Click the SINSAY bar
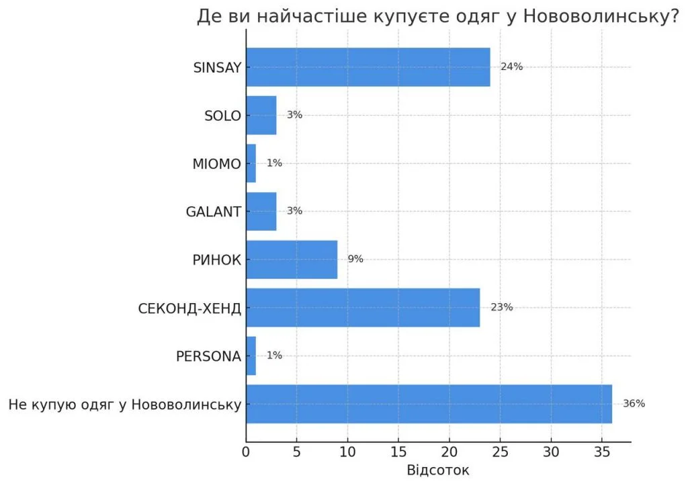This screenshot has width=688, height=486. pyautogui.click(x=368, y=67)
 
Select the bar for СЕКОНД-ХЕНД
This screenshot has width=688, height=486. pyautogui.click(x=363, y=308)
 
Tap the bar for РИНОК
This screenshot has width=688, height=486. pyautogui.click(x=292, y=259)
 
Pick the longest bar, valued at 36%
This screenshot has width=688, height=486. pyautogui.click(x=429, y=404)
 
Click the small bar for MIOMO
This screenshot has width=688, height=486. pyautogui.click(x=251, y=163)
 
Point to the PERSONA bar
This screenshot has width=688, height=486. pyautogui.click(x=251, y=356)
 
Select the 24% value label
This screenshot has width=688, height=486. pyautogui.click(x=512, y=67)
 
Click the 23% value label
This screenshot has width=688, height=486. pyautogui.click(x=502, y=307)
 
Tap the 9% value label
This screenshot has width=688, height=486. pyautogui.click(x=355, y=259)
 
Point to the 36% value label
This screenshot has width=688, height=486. pyautogui.click(x=634, y=403)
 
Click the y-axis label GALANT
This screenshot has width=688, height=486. pyautogui.click(x=213, y=211)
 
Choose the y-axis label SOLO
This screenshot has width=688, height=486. pyautogui.click(x=222, y=115)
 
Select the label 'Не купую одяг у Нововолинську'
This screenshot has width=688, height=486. pyautogui.click(x=125, y=405)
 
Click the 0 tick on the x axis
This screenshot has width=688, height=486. pyautogui.click(x=247, y=452)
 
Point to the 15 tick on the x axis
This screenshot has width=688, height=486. pyautogui.click(x=398, y=452)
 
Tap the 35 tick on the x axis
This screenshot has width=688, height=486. pyautogui.click(x=602, y=452)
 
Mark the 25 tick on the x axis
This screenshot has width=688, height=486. pyautogui.click(x=501, y=452)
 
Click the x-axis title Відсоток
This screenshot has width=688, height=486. pyautogui.click(x=438, y=470)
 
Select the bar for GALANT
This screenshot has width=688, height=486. pyautogui.click(x=261, y=211)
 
